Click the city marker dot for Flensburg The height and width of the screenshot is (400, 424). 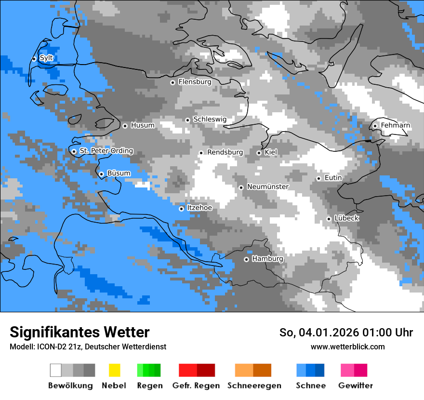tap(172, 82)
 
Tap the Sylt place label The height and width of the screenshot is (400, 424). tap(46, 58)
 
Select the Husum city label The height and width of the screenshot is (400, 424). tap(143, 125)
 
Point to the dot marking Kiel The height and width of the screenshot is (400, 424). tap(259, 153)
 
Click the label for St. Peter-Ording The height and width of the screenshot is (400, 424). tap(106, 151)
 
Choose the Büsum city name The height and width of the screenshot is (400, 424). tap(119, 173)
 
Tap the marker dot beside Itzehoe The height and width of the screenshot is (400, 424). tap(181, 209)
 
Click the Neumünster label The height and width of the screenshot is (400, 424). tap(268, 187)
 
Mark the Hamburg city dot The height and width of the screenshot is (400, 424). tap(246, 259)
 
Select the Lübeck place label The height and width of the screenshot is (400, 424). tap(346, 218)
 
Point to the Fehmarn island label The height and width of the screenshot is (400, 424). tap(396, 125)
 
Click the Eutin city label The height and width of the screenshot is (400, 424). tap(333, 178)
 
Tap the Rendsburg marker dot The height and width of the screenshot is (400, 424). tap(201, 153)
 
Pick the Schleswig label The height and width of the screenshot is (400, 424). tap(210, 120)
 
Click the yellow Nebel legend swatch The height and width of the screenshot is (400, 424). tap(114, 370)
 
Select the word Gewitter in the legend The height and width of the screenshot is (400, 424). tap(355, 386)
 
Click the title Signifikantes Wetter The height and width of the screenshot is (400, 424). tap(79, 332)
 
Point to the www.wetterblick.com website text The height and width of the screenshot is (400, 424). tap(347, 347)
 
